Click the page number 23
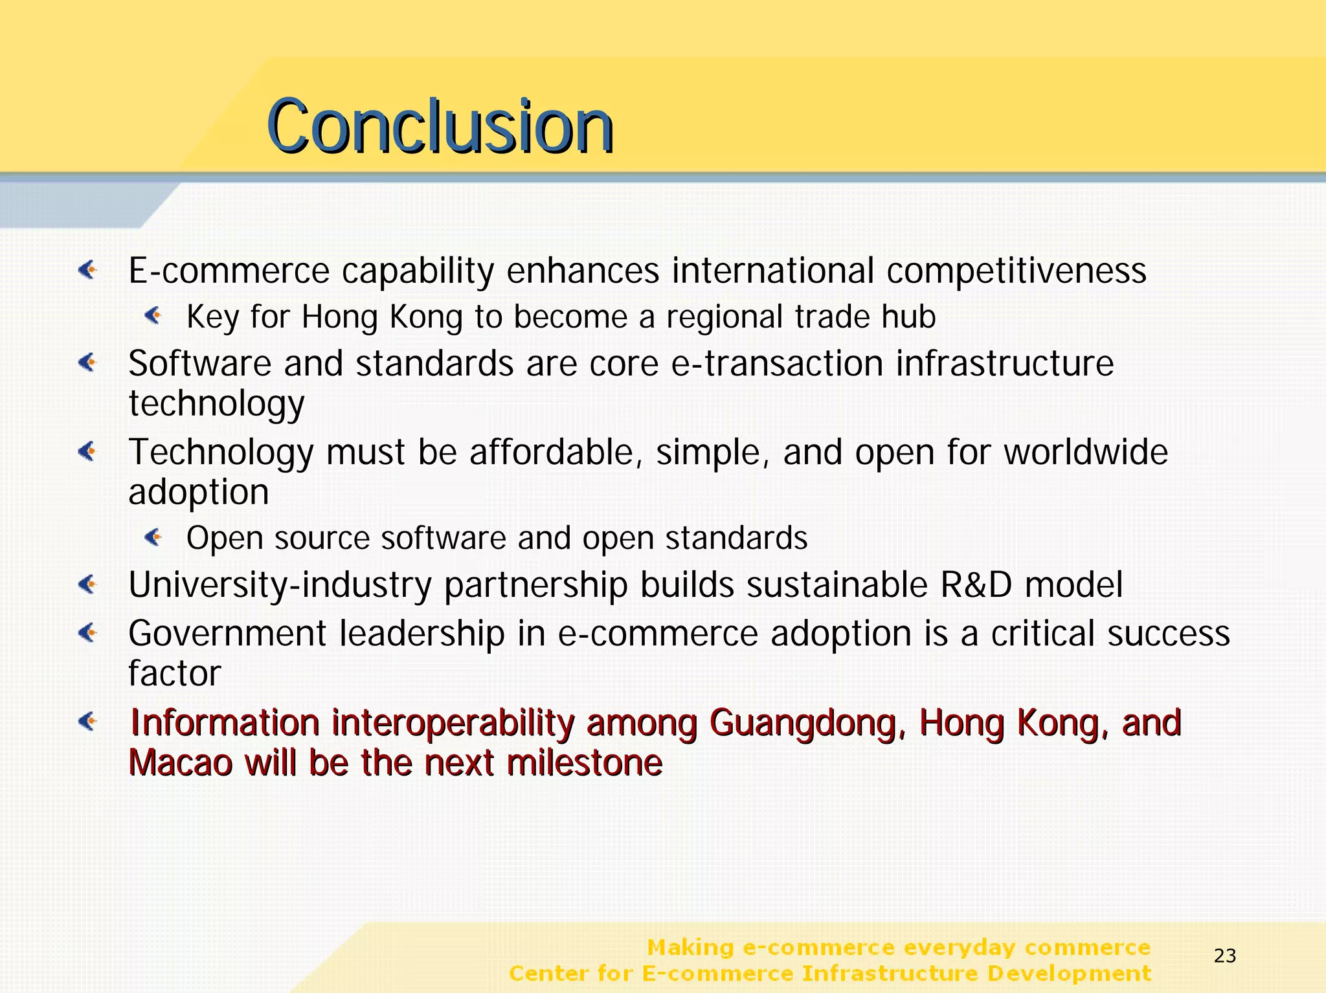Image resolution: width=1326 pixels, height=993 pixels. pos(1225,955)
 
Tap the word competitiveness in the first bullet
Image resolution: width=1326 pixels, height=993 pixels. pos(1016,271)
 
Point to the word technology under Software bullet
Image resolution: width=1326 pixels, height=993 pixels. pos(216,405)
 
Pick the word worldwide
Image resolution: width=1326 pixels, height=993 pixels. pos(1086,452)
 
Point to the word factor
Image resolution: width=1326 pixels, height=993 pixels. pos(174,674)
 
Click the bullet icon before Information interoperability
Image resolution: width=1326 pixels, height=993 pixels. pos(88,721)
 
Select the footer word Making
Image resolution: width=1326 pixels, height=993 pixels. pos(690,948)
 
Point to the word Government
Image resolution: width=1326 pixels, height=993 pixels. pos(227,634)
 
